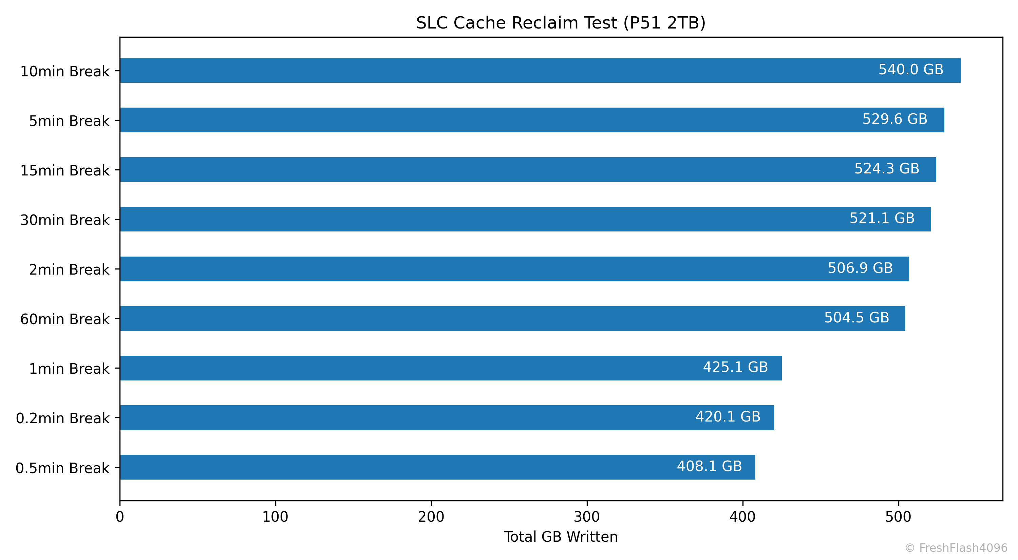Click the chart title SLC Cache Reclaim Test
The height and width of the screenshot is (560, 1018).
pos(560,23)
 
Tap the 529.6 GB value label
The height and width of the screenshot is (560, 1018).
pos(895,119)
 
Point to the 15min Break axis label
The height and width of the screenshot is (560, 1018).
pos(65,170)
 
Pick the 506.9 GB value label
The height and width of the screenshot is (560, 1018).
pos(860,268)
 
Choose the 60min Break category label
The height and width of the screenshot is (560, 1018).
pos(65,319)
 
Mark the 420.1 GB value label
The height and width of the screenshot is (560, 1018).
pos(728,416)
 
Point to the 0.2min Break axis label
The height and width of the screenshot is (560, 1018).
pos(62,418)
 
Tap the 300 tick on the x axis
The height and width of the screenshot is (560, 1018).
pos(587,517)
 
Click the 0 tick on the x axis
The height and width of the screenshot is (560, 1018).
pos(120,517)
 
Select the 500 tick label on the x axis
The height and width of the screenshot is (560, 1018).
pos(898,517)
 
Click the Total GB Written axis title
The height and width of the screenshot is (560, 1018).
pos(560,537)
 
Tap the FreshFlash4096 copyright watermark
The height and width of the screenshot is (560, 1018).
pos(956,548)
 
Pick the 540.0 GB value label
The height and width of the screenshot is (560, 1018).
pos(911,70)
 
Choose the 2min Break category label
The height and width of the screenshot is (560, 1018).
pos(69,269)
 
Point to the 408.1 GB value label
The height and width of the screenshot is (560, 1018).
pos(709,466)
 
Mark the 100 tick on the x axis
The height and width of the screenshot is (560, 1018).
pos(276,517)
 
